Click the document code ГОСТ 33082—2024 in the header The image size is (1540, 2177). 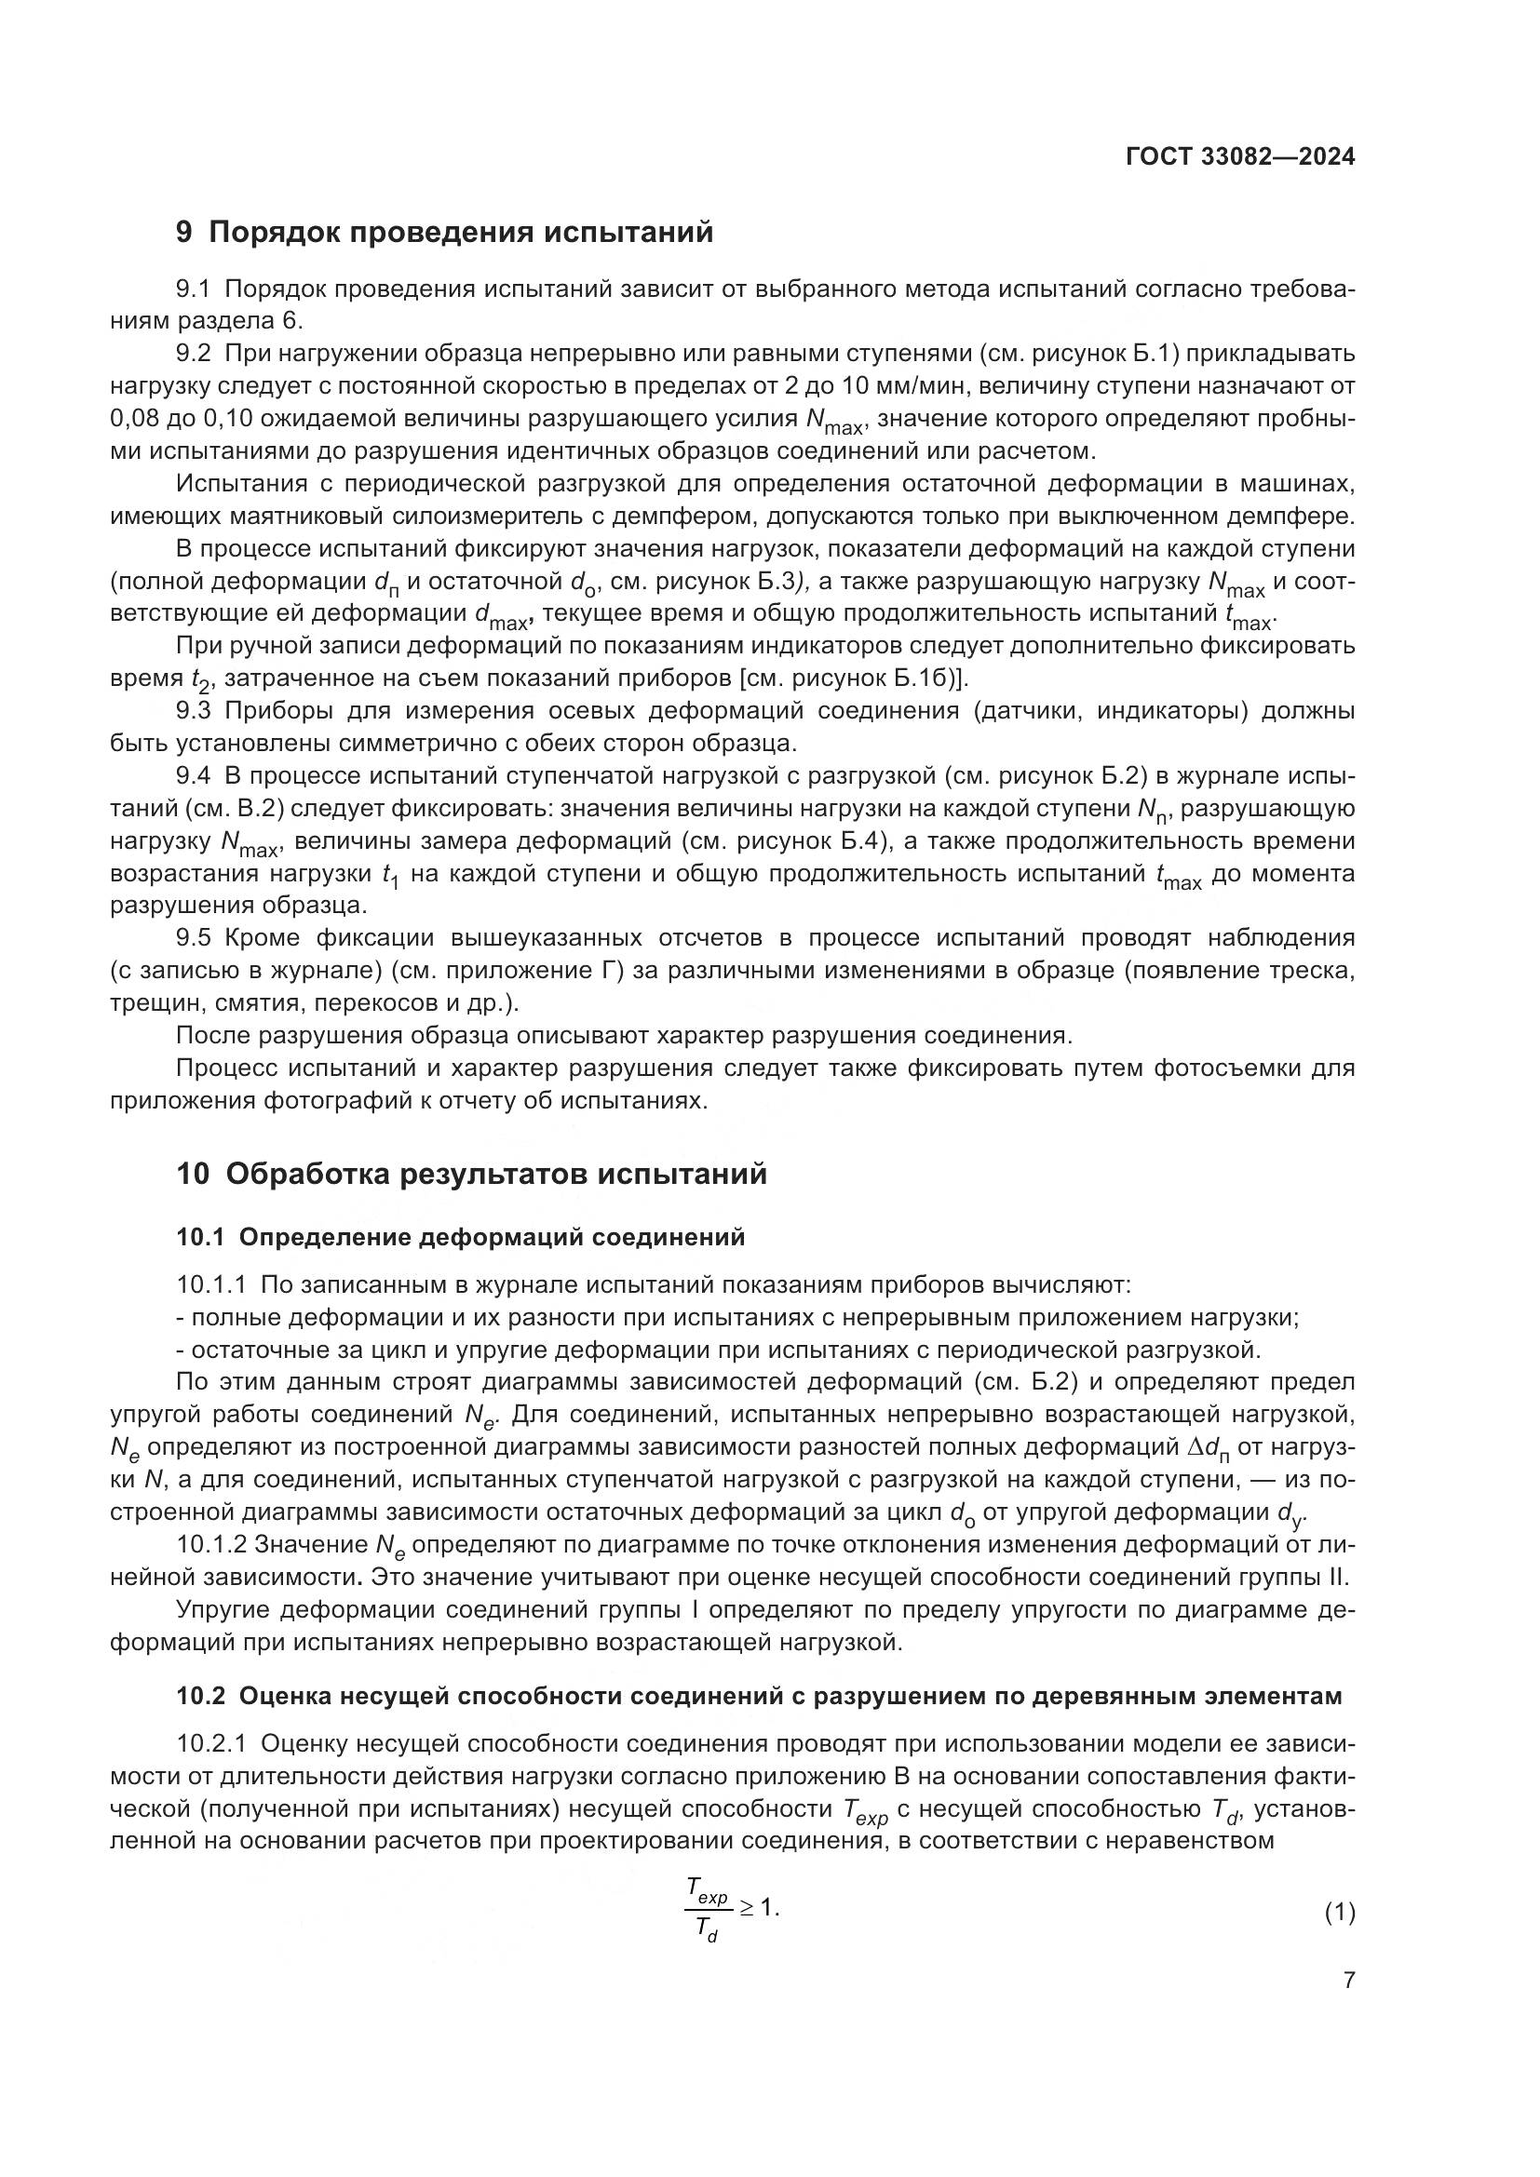pos(1239,157)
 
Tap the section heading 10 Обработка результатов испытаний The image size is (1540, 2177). pos(471,1174)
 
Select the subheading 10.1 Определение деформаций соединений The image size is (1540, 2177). pos(460,1236)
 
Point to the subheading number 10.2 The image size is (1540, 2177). pos(202,1697)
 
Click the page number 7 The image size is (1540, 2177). pos(1348,1980)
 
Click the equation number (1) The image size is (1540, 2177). pos(1339,1913)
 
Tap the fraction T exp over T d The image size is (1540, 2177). pos(708,1913)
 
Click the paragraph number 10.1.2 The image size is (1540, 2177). pos(211,1545)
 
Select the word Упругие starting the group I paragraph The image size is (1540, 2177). pos(224,1610)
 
